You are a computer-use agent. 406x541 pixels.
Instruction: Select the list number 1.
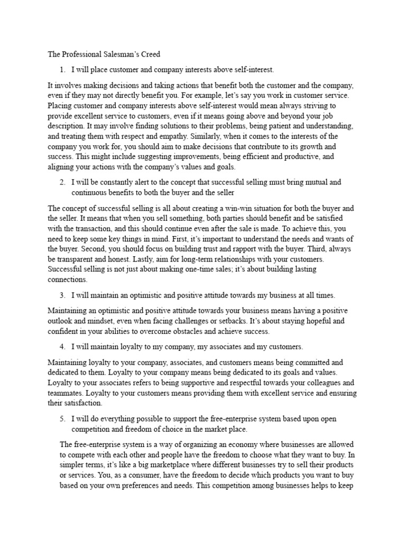click(x=62, y=69)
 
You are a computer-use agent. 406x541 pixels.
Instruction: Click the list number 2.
click(x=62, y=182)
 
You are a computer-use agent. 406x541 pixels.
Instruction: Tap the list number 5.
click(x=62, y=418)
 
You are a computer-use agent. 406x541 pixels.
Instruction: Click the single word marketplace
click(x=164, y=464)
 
